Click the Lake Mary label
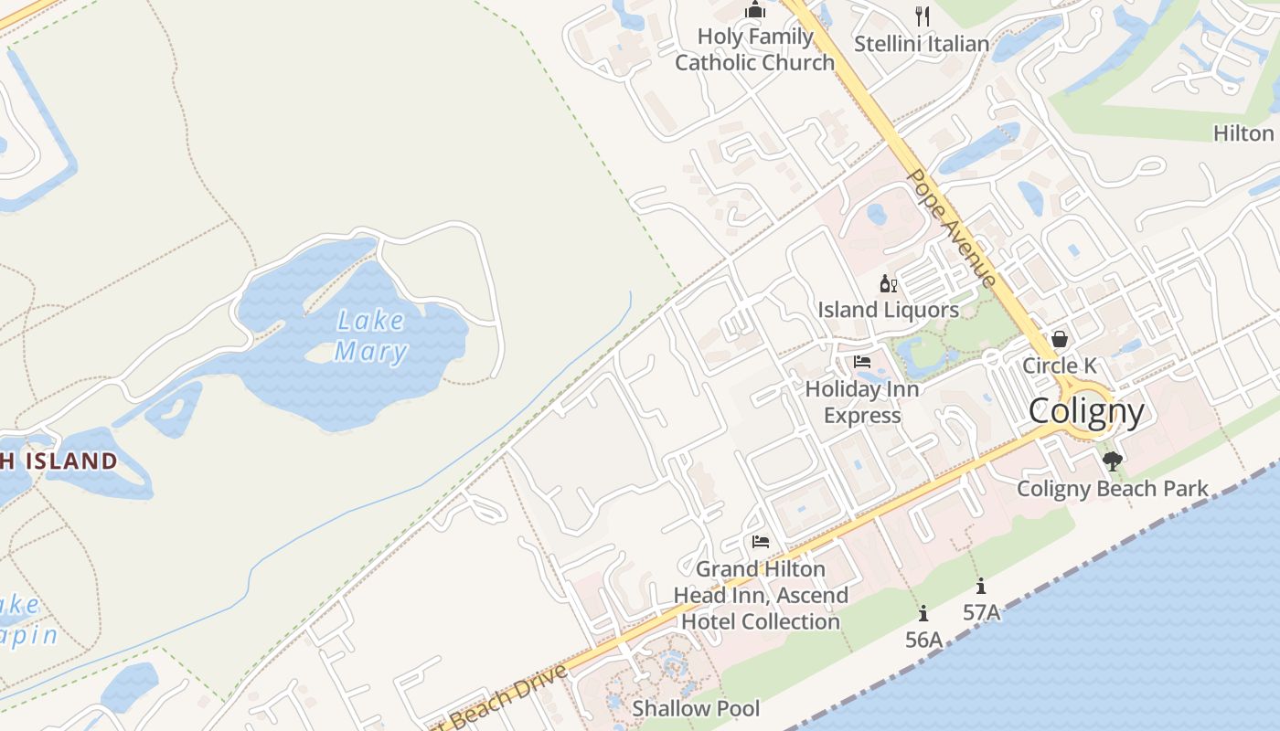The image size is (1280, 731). [x=370, y=335]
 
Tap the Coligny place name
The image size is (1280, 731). [x=1086, y=411]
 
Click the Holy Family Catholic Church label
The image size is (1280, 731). [x=755, y=49]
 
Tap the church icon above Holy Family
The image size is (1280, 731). [x=755, y=10]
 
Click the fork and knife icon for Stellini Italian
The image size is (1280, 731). [x=922, y=16]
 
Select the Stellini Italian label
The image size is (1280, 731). [x=922, y=43]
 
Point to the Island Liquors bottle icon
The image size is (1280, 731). [x=888, y=283]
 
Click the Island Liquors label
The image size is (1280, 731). [x=888, y=310]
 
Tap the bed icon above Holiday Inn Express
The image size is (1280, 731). [x=862, y=362]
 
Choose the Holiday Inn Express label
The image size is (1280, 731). [x=862, y=402]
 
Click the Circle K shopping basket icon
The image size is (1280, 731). [x=1059, y=339]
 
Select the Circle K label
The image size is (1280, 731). [x=1059, y=365]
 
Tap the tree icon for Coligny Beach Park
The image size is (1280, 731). [x=1112, y=461]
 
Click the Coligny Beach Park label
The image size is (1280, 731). [x=1113, y=489]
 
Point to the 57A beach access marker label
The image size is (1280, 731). [x=981, y=612]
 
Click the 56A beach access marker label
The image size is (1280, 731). [x=923, y=640]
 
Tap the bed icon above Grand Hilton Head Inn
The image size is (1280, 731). [x=760, y=542]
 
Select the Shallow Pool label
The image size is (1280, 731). [x=696, y=708]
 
